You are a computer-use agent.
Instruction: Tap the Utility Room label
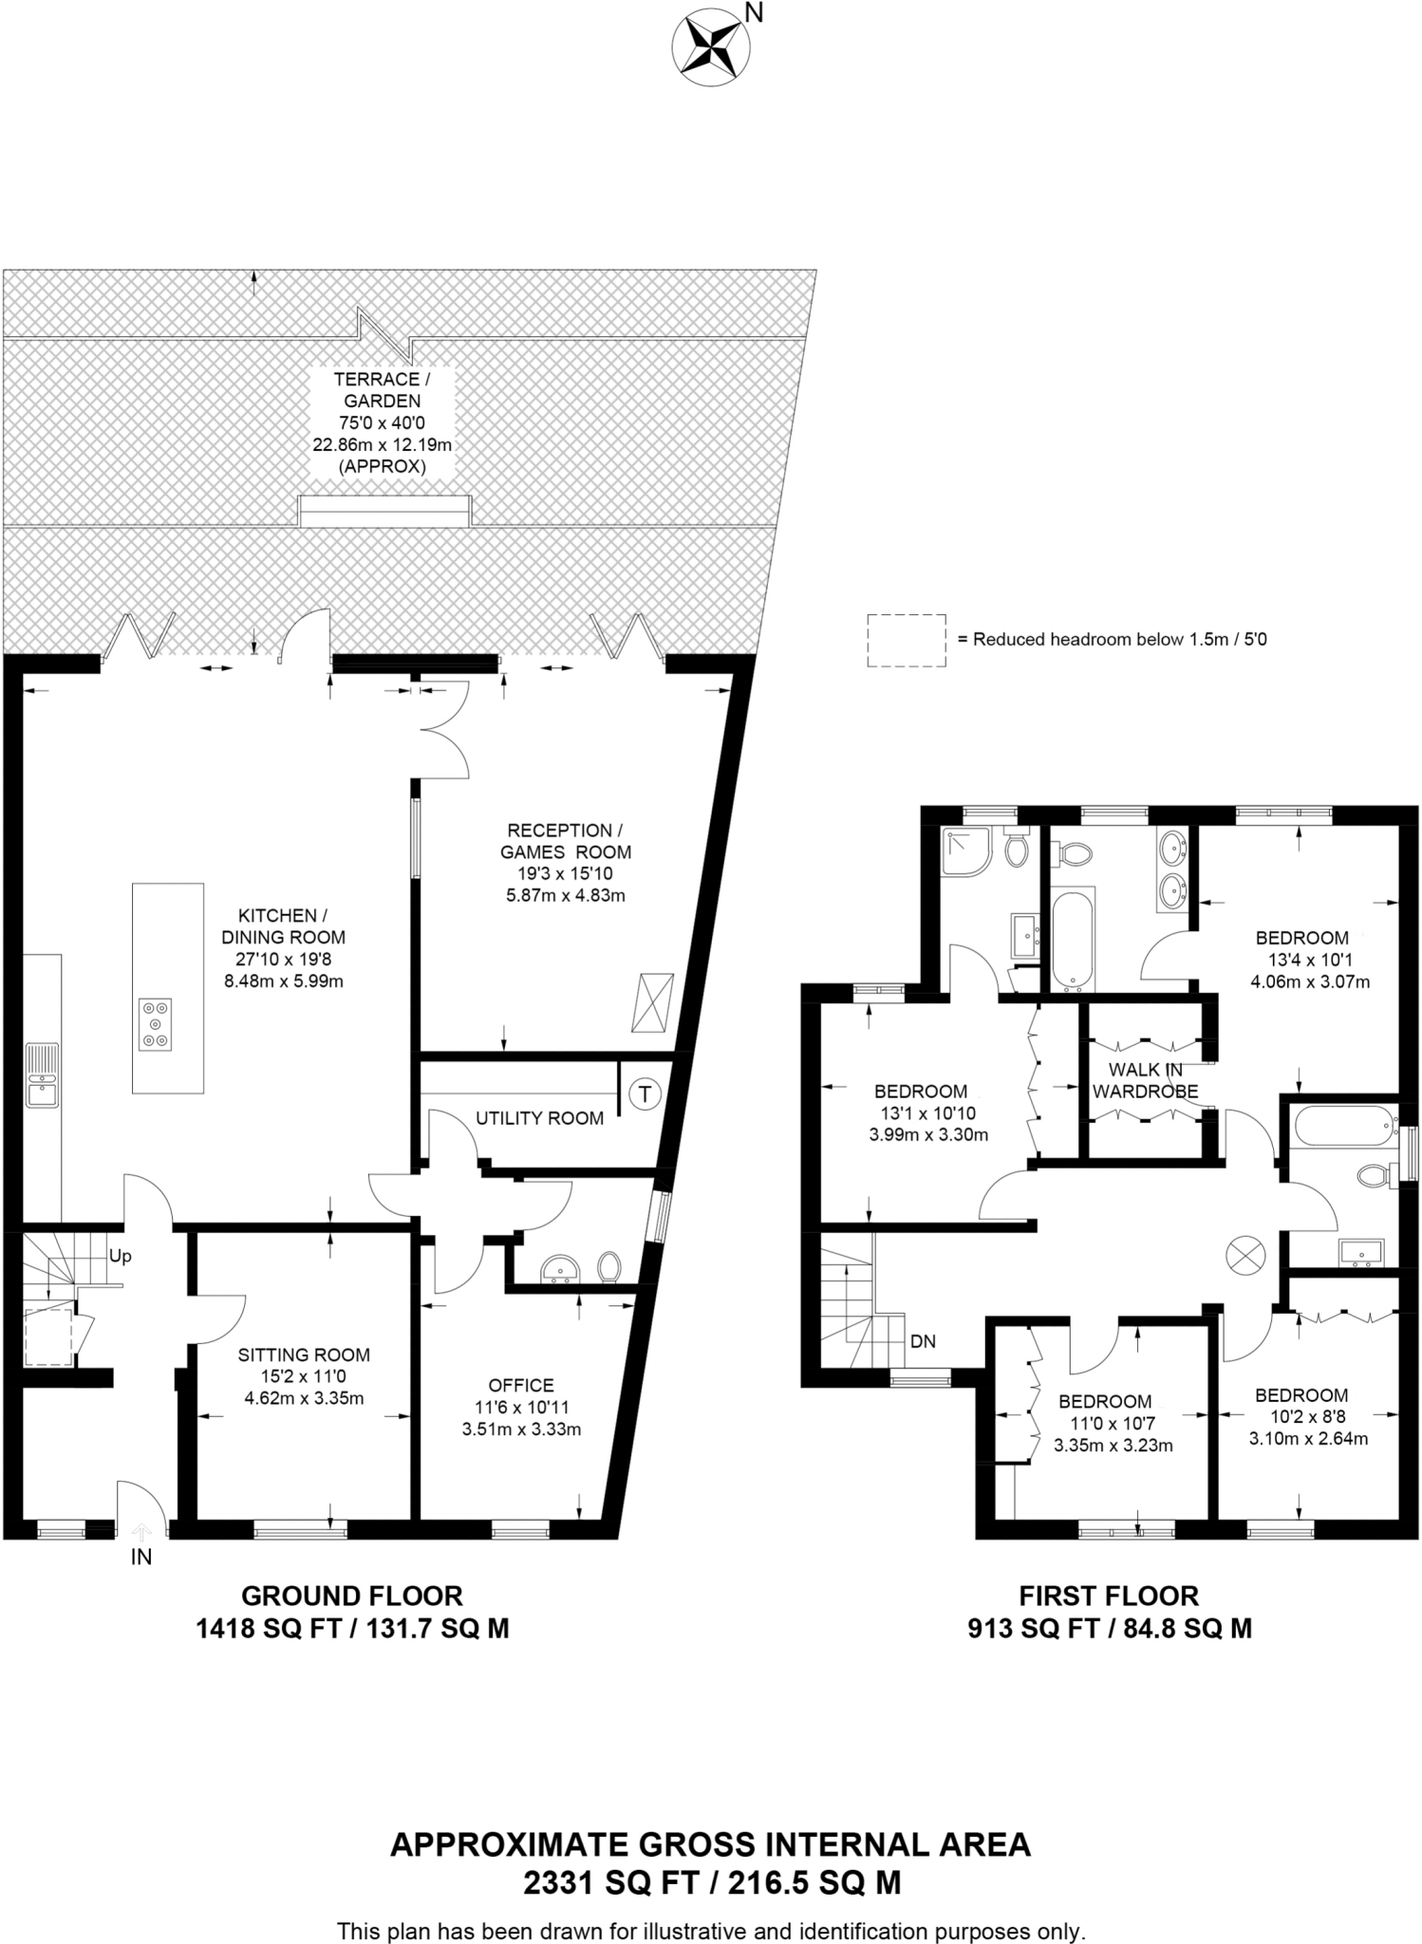[539, 1118]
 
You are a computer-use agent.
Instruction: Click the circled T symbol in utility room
[646, 1093]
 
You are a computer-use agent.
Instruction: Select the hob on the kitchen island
[156, 1024]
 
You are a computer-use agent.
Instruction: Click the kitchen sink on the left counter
[42, 1075]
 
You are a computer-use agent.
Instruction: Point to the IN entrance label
[140, 1557]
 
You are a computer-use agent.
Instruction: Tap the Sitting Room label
[304, 1355]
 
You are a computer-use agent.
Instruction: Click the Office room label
[521, 1385]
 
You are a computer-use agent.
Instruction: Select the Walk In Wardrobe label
[1145, 1081]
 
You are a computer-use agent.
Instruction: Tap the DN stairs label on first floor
[923, 1341]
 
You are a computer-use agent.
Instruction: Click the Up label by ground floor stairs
[121, 1256]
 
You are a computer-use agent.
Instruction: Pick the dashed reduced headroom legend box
[906, 641]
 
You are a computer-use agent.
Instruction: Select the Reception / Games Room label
[566, 841]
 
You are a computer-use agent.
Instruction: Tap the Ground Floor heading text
[352, 1596]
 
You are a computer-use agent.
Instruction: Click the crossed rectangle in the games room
[652, 1002]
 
